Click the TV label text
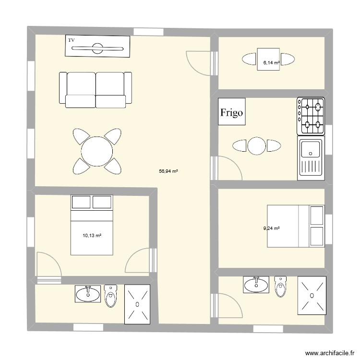(x=72, y=40)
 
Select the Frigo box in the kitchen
(x=232, y=112)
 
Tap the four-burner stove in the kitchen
(x=311, y=116)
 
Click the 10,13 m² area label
(x=92, y=235)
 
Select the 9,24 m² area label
(x=271, y=228)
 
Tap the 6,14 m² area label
(x=271, y=62)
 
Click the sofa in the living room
(x=95, y=89)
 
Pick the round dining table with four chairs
(x=96, y=151)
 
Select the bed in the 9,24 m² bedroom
(x=296, y=226)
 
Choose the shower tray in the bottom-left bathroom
(x=138, y=303)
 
